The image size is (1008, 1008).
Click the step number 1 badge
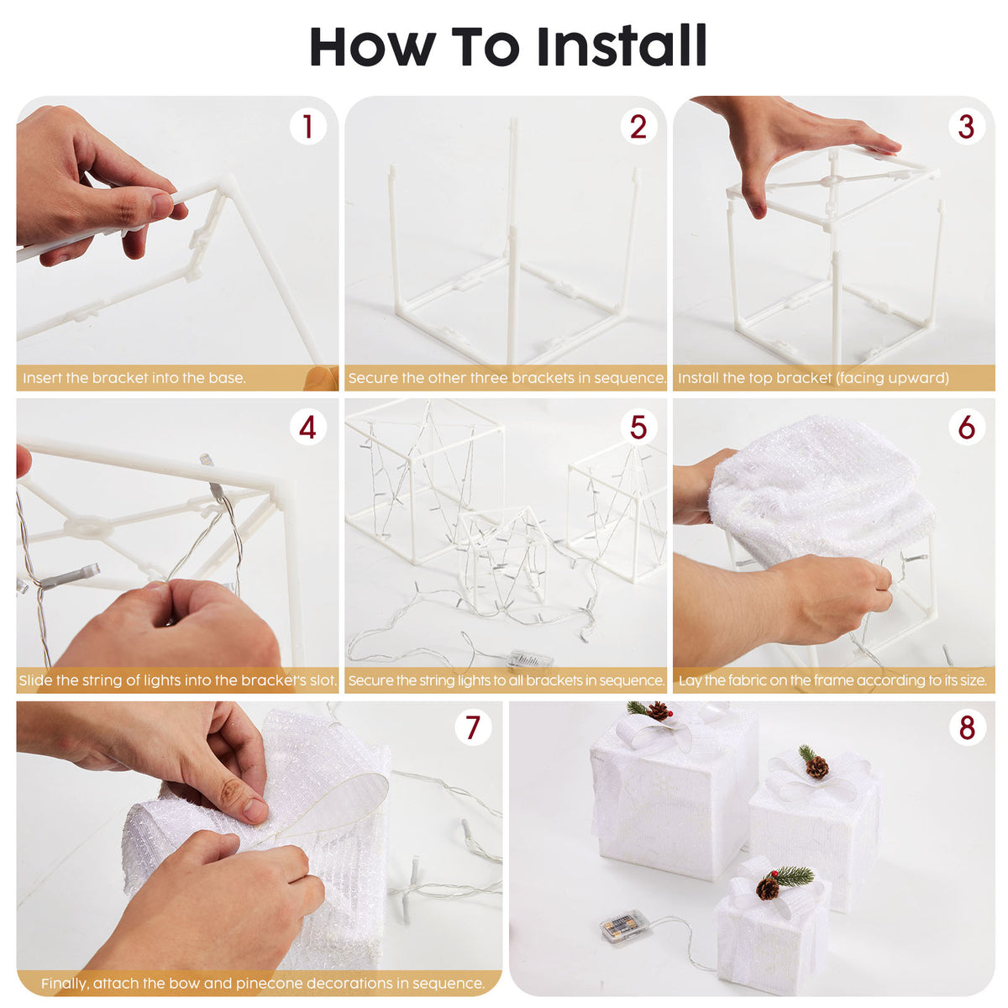tap(307, 127)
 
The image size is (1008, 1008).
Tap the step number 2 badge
tap(638, 127)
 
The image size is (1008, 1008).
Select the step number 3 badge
tap(966, 127)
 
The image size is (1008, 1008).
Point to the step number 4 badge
tap(307, 428)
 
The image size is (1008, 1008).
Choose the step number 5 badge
tap(638, 428)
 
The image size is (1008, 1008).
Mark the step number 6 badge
tap(966, 428)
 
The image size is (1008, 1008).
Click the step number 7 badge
tap(472, 727)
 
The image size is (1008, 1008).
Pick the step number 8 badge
tap(967, 727)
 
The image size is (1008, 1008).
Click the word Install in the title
tap(622, 45)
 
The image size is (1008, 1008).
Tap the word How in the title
tap(372, 47)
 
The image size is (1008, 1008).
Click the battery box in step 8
tap(622, 930)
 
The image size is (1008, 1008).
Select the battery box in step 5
tap(530, 659)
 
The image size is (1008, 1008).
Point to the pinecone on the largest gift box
tap(658, 711)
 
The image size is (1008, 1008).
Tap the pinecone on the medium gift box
tap(817, 767)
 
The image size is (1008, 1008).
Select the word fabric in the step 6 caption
tap(744, 680)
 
